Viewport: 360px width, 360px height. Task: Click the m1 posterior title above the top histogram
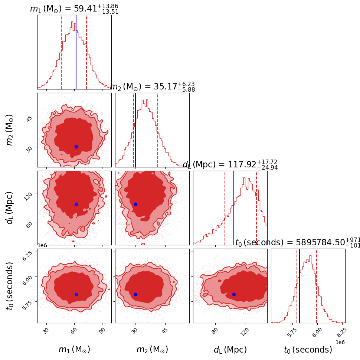(x=74, y=9)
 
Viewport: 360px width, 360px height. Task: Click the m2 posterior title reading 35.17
(x=152, y=87)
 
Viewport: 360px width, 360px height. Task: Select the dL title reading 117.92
(x=230, y=165)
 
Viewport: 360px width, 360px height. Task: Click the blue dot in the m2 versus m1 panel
(x=76, y=147)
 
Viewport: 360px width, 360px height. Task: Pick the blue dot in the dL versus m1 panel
(x=76, y=204)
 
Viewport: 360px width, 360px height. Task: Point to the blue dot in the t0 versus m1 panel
(x=76, y=294)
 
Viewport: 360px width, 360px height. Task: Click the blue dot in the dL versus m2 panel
(x=135, y=204)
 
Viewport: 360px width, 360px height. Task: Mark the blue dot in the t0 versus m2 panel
(x=135, y=294)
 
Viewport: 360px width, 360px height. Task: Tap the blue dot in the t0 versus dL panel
(x=234, y=294)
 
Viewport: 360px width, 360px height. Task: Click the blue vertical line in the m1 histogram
(x=76, y=52)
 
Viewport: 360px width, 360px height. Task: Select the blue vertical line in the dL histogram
(x=234, y=208)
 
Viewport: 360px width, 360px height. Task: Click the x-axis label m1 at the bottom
(x=74, y=350)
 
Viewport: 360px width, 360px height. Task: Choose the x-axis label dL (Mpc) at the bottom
(x=230, y=350)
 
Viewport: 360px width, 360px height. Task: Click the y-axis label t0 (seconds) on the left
(x=10, y=286)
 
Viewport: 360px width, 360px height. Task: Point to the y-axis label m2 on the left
(x=10, y=130)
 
